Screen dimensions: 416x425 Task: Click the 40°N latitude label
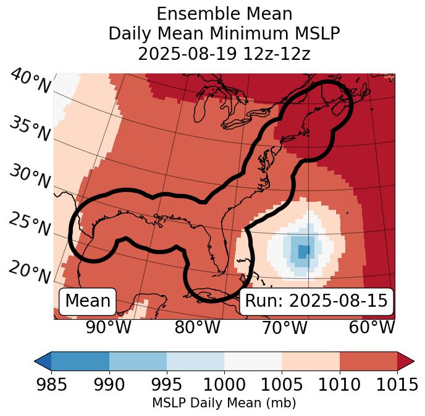pyautogui.click(x=30, y=81)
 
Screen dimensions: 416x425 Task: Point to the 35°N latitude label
pyautogui.click(x=30, y=128)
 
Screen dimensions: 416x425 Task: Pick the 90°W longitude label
pyautogui.click(x=108, y=327)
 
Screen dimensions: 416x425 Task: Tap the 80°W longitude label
pyautogui.click(x=198, y=327)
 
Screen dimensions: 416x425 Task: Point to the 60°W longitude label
pyautogui.click(x=372, y=327)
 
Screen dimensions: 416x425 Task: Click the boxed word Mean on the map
pyautogui.click(x=88, y=301)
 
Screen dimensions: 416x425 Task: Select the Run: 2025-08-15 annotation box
pyautogui.click(x=316, y=301)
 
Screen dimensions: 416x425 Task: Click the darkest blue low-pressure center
pyautogui.click(x=303, y=251)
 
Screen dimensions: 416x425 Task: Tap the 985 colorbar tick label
pyautogui.click(x=51, y=385)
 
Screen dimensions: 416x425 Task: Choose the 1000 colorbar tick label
pyautogui.click(x=224, y=385)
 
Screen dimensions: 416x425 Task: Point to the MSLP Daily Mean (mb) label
pyautogui.click(x=224, y=403)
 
